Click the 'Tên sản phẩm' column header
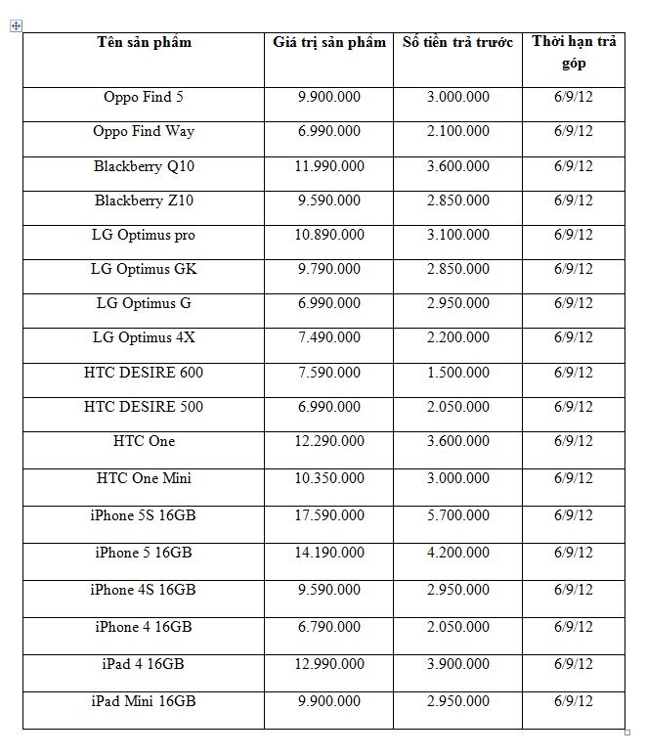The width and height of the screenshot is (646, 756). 144,42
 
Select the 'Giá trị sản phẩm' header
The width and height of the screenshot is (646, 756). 329,42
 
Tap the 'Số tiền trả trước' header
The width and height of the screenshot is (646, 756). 457,42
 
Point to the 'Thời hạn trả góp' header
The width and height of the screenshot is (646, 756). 574,52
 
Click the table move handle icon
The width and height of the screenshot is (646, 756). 16,26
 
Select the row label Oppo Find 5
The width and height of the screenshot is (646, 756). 144,97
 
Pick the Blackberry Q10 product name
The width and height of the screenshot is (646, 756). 144,166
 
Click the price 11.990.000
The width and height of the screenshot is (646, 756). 329,166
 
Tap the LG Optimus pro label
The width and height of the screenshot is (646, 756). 144,235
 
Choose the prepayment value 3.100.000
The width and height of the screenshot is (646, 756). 457,235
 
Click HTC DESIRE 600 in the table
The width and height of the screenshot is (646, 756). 144,373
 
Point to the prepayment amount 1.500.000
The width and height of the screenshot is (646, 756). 457,373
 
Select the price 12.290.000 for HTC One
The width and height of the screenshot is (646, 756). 329,441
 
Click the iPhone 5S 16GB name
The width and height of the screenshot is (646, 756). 144,515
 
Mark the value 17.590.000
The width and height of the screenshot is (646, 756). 329,515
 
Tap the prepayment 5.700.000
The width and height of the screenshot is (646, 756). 457,515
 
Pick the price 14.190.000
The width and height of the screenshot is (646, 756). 329,553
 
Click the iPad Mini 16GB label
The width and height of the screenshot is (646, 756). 144,701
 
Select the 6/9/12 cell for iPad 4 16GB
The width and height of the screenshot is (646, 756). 574,664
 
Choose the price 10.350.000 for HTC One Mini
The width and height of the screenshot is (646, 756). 329,478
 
